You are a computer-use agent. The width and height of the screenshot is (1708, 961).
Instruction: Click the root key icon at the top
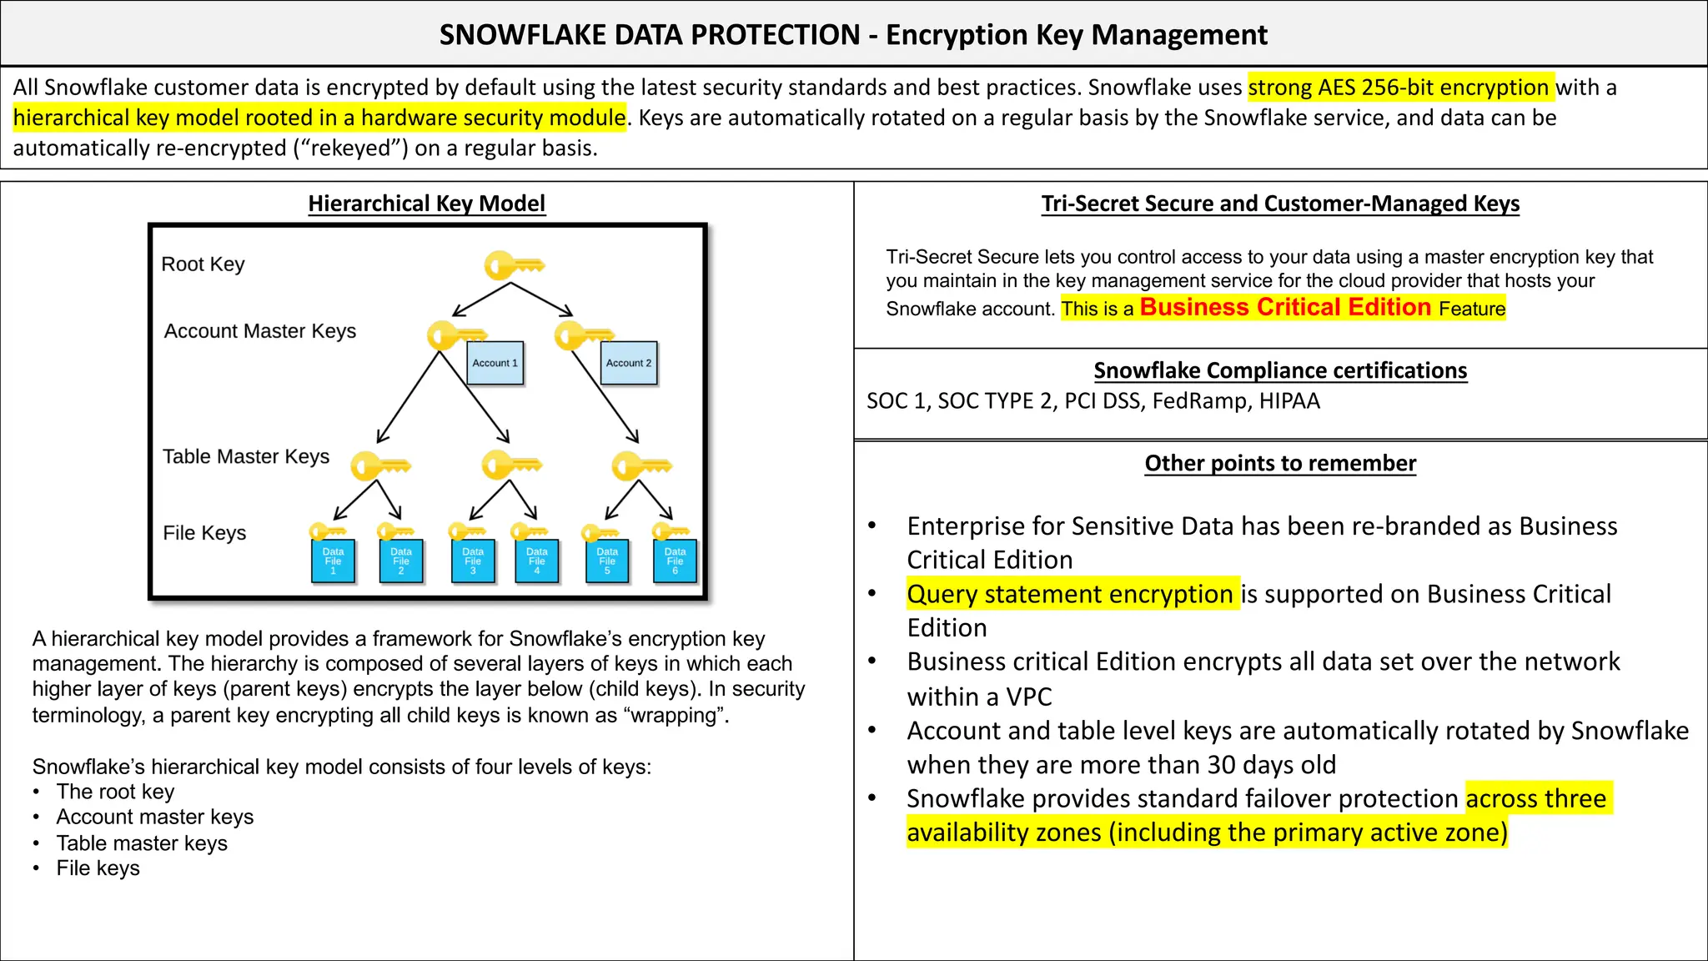coord(513,266)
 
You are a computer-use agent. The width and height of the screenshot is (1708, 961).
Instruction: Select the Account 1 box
coord(495,363)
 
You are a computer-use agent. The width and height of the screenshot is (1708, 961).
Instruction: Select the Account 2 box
coord(629,363)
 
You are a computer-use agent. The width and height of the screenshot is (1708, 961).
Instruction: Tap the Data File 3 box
coord(473,561)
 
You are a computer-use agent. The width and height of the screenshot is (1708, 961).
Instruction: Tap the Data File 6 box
coord(675,561)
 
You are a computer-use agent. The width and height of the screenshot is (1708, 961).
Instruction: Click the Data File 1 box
coord(333,561)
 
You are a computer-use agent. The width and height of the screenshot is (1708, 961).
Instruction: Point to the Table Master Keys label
coord(246,456)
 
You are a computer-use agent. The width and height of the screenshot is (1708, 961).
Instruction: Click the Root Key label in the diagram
coord(203,264)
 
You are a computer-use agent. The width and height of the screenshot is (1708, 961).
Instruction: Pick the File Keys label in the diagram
coord(204,533)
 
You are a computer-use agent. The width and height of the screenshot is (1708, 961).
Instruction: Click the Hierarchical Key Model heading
coord(426,204)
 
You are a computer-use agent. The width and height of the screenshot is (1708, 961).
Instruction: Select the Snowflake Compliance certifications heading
coord(1280,370)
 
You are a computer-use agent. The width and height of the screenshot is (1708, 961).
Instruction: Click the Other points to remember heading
coord(1280,463)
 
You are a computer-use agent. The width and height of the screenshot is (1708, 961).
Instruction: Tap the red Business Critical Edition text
coord(1285,307)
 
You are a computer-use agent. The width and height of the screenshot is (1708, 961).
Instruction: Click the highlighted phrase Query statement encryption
coord(1070,594)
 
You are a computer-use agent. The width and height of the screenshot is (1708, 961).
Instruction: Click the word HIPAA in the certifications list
coord(1289,401)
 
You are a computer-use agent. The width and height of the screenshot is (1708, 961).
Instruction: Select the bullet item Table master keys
coord(142,843)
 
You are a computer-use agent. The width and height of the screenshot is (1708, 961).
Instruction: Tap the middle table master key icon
coord(511,465)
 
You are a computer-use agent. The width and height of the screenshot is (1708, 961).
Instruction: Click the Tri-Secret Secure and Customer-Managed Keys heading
coord(1280,204)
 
